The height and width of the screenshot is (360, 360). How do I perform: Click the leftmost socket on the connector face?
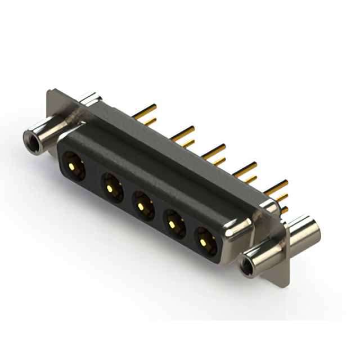(73, 166)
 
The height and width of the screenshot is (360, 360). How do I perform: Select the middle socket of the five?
(142, 202)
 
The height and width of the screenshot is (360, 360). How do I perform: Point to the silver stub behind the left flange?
(90, 100)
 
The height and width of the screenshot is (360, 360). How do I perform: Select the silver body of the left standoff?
(48, 129)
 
